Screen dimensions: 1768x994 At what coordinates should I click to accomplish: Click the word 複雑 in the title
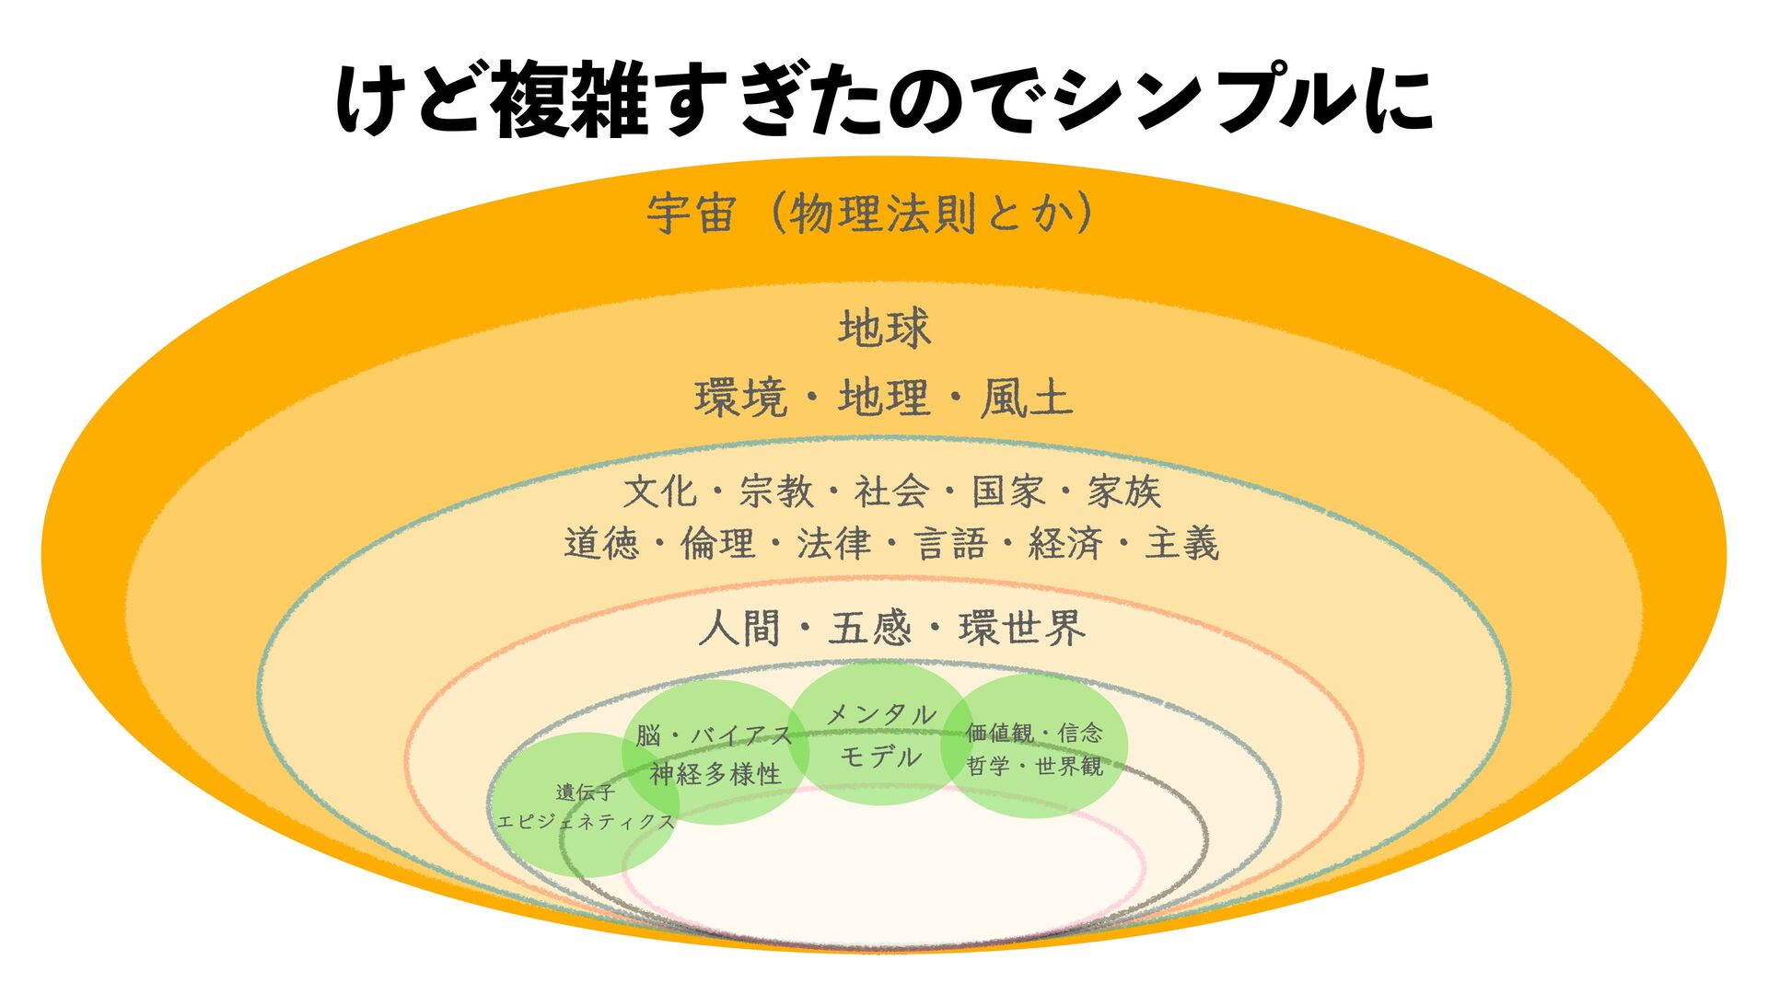(x=572, y=100)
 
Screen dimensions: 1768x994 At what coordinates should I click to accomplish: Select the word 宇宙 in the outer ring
(x=691, y=214)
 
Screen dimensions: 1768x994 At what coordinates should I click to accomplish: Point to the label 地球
(x=884, y=329)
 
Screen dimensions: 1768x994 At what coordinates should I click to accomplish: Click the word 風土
(x=1026, y=399)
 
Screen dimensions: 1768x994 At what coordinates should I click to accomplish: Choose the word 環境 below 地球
(x=741, y=399)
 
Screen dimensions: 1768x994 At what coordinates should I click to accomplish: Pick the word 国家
(x=1008, y=491)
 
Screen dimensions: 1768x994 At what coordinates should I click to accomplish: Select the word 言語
(x=950, y=544)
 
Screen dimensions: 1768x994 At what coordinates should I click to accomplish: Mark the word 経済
(x=1065, y=544)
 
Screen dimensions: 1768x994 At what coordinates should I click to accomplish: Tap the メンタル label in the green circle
(x=881, y=714)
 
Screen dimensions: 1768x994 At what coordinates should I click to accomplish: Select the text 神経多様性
(x=715, y=774)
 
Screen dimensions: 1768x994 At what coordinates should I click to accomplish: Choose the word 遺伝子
(x=585, y=792)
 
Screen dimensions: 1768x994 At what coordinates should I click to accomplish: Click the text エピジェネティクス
(x=586, y=821)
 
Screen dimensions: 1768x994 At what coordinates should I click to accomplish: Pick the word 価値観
(x=999, y=734)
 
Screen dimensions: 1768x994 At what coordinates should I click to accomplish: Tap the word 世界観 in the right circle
(x=1068, y=766)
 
